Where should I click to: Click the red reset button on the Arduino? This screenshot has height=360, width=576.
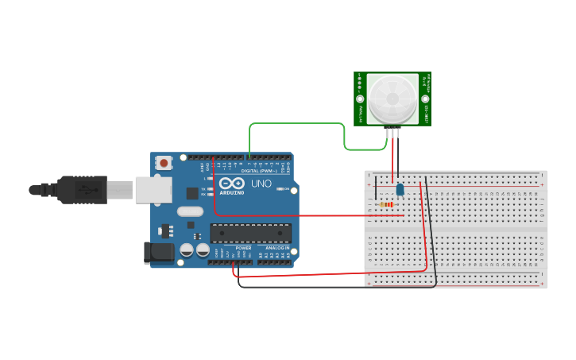click(164, 163)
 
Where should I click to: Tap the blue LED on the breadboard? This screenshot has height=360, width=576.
click(400, 189)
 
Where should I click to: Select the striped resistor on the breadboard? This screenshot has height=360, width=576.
click(388, 204)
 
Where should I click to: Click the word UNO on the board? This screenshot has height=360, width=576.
click(262, 184)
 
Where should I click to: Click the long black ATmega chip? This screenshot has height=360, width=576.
click(250, 233)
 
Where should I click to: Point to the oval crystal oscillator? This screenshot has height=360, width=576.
click(191, 211)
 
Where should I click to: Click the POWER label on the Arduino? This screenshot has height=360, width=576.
click(244, 248)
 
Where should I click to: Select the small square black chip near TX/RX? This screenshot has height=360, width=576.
click(192, 192)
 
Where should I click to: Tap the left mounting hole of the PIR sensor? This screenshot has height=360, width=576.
click(360, 100)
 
